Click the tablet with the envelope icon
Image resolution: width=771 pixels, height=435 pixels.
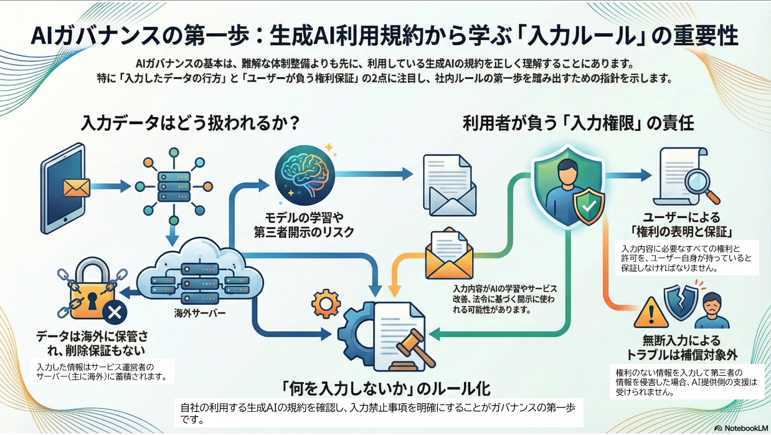pos(65,185)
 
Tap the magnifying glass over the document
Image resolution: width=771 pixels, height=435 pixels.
pos(699,182)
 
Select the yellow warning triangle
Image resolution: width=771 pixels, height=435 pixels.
pos(650,312)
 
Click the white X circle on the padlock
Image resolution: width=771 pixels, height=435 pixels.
pos(114,312)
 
